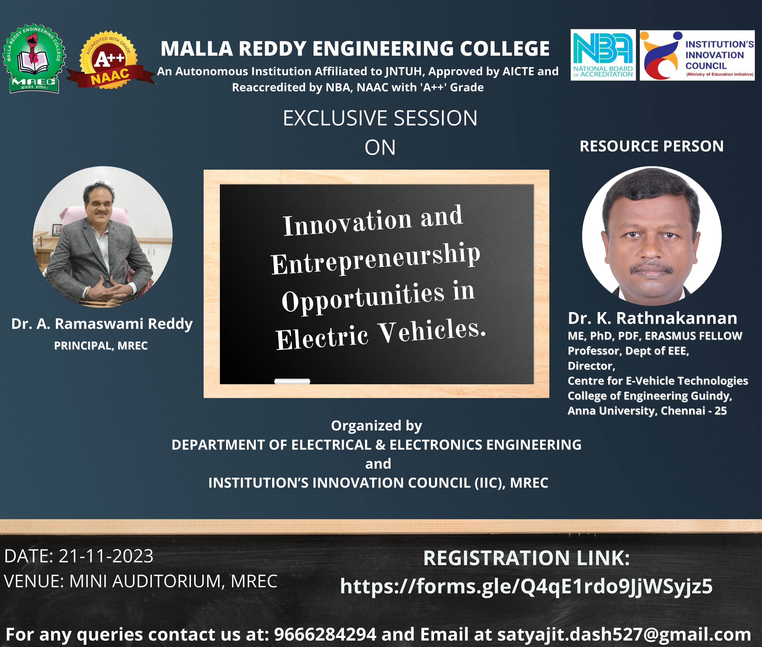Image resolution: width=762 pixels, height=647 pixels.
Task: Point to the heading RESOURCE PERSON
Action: point(651,146)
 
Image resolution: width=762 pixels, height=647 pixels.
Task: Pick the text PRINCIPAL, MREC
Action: point(101,345)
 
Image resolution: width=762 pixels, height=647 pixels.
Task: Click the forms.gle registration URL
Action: point(526,586)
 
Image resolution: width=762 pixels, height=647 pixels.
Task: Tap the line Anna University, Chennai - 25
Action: point(647,411)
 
